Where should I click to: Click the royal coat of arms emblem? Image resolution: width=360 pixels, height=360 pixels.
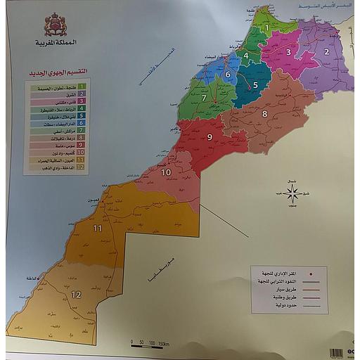pyautogui.click(x=56, y=25)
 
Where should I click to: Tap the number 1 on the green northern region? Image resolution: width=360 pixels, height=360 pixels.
pyautogui.click(x=267, y=27)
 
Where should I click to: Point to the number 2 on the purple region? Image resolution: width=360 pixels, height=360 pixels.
pyautogui.click(x=326, y=51)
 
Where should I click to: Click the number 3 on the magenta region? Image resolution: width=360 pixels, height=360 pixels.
pyautogui.click(x=288, y=51)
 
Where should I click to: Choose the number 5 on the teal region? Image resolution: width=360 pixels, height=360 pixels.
pyautogui.click(x=255, y=85)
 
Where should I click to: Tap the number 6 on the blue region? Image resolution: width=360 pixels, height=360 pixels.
pyautogui.click(x=228, y=72)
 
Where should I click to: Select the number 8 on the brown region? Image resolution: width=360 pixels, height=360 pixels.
pyautogui.click(x=265, y=113)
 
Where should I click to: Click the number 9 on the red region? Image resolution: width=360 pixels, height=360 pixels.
pyautogui.click(x=209, y=137)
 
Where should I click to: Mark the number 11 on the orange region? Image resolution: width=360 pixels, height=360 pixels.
pyautogui.click(x=98, y=229)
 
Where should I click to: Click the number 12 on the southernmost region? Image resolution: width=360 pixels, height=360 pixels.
pyautogui.click(x=76, y=295)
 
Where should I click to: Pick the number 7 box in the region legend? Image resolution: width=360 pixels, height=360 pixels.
pyautogui.click(x=82, y=131)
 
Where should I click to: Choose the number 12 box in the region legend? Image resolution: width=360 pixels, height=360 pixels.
pyautogui.click(x=82, y=167)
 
